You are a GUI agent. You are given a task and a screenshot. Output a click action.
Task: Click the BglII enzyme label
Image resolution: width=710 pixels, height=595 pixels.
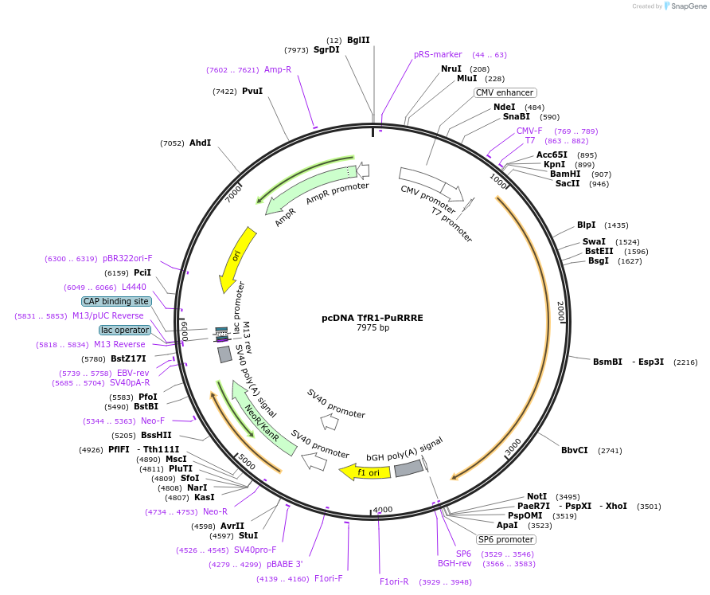click(x=358, y=40)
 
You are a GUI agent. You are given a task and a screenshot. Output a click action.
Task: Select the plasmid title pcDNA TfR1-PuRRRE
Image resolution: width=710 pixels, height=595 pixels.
click(x=373, y=317)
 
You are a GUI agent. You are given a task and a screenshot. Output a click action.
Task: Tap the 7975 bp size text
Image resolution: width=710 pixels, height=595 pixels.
click(x=373, y=327)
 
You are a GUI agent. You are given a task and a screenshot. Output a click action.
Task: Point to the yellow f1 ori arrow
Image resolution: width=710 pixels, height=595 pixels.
click(x=365, y=472)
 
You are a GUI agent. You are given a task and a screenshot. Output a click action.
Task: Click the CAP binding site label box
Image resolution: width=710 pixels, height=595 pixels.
click(x=116, y=302)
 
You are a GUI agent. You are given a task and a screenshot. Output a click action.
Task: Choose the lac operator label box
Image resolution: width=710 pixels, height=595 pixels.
click(x=125, y=330)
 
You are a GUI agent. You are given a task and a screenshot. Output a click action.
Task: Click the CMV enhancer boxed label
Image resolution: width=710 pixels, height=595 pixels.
click(x=505, y=92)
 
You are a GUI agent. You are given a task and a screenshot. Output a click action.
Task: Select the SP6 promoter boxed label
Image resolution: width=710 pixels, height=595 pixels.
click(x=506, y=539)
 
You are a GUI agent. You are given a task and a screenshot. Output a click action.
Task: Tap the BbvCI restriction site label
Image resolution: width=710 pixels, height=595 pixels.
click(x=575, y=450)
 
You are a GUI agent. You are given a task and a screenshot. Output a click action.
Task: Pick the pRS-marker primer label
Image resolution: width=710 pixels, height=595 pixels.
click(x=438, y=54)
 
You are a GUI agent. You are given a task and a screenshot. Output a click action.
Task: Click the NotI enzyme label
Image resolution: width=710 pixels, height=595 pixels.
click(x=537, y=496)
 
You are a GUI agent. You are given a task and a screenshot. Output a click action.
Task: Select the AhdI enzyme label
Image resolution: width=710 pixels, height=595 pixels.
click(x=200, y=143)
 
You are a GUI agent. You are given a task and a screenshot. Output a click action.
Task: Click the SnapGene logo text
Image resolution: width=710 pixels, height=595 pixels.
click(x=689, y=6)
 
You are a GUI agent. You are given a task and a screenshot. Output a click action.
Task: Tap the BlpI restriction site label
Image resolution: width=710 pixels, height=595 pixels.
click(x=586, y=225)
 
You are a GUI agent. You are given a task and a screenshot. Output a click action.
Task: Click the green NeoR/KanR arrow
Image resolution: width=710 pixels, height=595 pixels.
click(x=263, y=417)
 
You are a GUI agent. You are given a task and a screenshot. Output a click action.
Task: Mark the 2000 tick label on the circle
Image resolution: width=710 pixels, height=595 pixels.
click(x=560, y=311)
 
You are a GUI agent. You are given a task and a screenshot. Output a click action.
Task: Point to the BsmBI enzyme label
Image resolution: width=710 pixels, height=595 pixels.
click(x=607, y=362)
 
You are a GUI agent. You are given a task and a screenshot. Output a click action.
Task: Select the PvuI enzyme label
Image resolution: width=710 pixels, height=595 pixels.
click(x=252, y=91)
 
